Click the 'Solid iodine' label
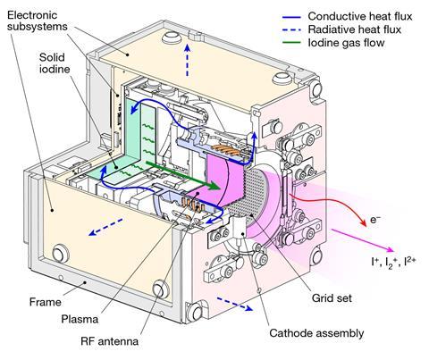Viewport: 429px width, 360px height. (55, 63)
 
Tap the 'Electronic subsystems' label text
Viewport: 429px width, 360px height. (38, 21)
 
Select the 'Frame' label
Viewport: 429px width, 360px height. (46, 302)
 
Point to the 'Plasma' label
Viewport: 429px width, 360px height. (80, 320)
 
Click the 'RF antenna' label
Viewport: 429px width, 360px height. (109, 341)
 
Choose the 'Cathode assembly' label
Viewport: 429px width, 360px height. (316, 333)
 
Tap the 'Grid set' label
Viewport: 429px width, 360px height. (332, 298)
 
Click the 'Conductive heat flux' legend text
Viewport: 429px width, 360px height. (360, 16)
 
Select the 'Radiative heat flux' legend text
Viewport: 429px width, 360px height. (355, 29)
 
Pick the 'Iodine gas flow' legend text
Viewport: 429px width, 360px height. (346, 43)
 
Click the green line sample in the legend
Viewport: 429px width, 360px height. (291, 43)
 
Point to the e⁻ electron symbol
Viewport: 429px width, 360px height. (375, 220)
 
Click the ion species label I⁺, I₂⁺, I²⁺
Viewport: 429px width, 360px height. (393, 261)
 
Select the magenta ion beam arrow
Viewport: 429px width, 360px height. (363, 240)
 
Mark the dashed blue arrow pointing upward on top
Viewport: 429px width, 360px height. (187, 60)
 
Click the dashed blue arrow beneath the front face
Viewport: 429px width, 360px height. (235, 304)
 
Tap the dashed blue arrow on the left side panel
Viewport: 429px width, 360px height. (105, 227)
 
